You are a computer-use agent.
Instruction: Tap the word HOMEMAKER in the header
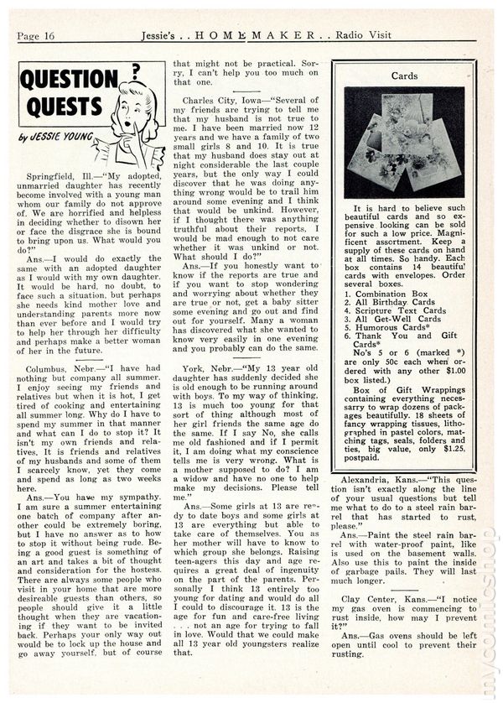(x=251, y=34)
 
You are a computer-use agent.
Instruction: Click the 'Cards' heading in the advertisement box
(x=404, y=75)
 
